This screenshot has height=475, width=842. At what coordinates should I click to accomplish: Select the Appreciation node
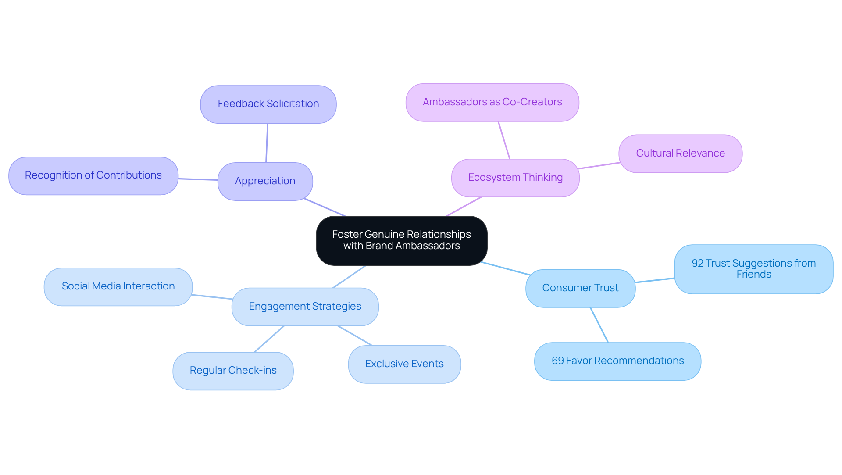coord(265,181)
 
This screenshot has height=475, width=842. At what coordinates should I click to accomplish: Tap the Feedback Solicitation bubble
coord(268,104)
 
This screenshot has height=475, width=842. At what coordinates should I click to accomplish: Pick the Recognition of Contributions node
coord(93,175)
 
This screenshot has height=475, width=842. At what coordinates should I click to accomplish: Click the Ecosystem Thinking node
coord(515,178)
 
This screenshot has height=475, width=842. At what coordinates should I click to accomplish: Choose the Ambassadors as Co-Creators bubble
coord(492,102)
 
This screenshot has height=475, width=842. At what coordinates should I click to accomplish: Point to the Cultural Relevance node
coord(680,154)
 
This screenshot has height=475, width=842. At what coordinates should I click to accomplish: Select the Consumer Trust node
coord(580,288)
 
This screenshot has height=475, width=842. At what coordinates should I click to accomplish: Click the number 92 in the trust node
coord(697,263)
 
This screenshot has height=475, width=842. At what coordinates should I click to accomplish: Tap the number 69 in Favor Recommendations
coord(557,361)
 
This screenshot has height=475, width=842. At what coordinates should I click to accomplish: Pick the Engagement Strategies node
coord(305,307)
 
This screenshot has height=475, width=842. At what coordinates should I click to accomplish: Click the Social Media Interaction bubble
coord(118,286)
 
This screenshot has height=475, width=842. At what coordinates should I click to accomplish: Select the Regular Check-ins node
coord(233,371)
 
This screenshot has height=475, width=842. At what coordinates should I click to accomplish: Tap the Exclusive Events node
coord(404,364)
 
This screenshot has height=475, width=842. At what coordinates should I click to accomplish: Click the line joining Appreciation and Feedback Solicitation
coord(267,143)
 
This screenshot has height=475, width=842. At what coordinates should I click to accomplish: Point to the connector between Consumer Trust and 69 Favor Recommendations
coord(599,325)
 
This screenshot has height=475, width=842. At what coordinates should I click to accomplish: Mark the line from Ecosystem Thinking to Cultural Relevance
coord(599,166)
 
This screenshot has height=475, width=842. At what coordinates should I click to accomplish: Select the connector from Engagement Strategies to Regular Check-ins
coord(269,339)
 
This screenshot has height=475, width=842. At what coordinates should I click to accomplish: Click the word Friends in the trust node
coord(753,275)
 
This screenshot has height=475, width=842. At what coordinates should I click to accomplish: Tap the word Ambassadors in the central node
coord(428,246)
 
